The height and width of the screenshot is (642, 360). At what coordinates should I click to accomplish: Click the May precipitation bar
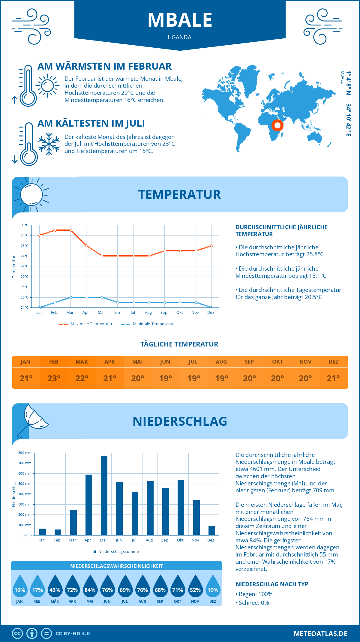tap(104, 496)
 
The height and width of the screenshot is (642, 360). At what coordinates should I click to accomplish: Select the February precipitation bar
tap(58, 532)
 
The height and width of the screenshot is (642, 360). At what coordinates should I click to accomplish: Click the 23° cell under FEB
tap(54, 378)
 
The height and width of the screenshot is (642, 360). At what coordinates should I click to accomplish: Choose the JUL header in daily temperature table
tap(193, 362)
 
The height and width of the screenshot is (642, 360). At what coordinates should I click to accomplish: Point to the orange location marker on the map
tap(277, 125)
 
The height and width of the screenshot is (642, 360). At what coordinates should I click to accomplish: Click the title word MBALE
tap(180, 20)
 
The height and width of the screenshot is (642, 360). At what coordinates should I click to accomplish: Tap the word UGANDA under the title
tap(180, 37)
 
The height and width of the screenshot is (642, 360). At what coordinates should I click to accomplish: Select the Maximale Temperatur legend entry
tap(86, 324)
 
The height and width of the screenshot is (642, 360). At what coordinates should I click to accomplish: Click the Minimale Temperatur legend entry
tap(148, 324)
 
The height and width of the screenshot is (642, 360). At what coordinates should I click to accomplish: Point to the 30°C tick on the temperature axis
tap(25, 225)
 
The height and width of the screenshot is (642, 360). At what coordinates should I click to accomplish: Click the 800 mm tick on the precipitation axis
tap(25, 453)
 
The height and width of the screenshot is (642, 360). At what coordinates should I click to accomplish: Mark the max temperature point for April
tap(86, 246)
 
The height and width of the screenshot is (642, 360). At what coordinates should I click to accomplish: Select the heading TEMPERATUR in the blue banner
tap(179, 194)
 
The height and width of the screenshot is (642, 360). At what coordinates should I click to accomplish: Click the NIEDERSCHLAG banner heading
tap(180, 421)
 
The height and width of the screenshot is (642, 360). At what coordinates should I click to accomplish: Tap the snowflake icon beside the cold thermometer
tap(49, 144)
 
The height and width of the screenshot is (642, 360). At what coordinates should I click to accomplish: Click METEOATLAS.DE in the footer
tap(320, 634)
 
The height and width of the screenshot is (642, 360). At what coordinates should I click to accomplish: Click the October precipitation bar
tap(181, 508)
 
